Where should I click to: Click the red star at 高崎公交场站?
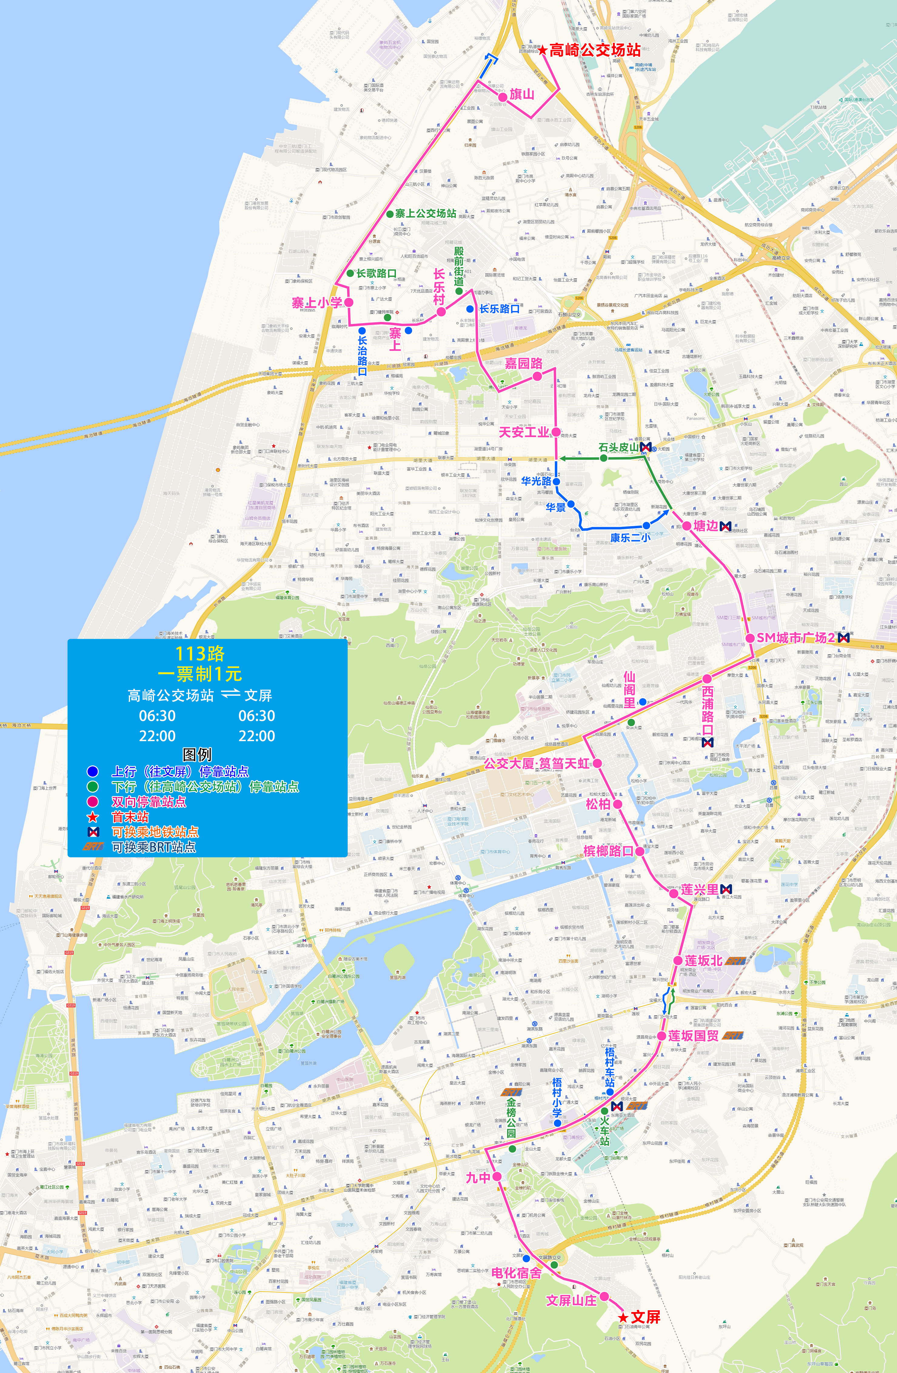click(x=543, y=51)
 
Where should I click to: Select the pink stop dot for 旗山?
click(x=503, y=98)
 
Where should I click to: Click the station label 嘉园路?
click(x=524, y=363)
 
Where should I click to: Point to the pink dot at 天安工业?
click(x=556, y=432)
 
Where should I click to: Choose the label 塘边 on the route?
click(x=705, y=526)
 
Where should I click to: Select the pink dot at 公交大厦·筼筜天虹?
click(x=597, y=763)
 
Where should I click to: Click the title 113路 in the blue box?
click(x=200, y=654)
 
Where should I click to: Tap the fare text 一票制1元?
click(x=200, y=674)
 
